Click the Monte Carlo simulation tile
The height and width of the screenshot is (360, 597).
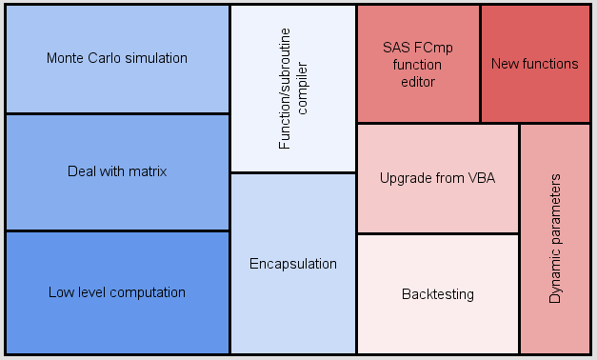[117, 59]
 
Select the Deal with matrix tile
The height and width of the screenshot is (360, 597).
[117, 172]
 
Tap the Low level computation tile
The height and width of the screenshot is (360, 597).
[117, 292]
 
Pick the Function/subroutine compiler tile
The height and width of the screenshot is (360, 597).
[293, 89]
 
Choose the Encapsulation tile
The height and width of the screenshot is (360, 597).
[293, 264]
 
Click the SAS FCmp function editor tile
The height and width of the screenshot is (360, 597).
[418, 64]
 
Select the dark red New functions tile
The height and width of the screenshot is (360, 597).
[535, 64]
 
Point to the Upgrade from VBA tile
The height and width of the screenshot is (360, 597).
[437, 178]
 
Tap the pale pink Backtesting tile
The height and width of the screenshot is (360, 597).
[437, 294]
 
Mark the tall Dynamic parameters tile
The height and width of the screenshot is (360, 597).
[556, 238]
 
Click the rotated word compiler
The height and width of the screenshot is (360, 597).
[303, 90]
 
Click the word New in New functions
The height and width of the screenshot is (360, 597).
[505, 64]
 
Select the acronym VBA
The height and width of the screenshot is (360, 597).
[482, 178]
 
